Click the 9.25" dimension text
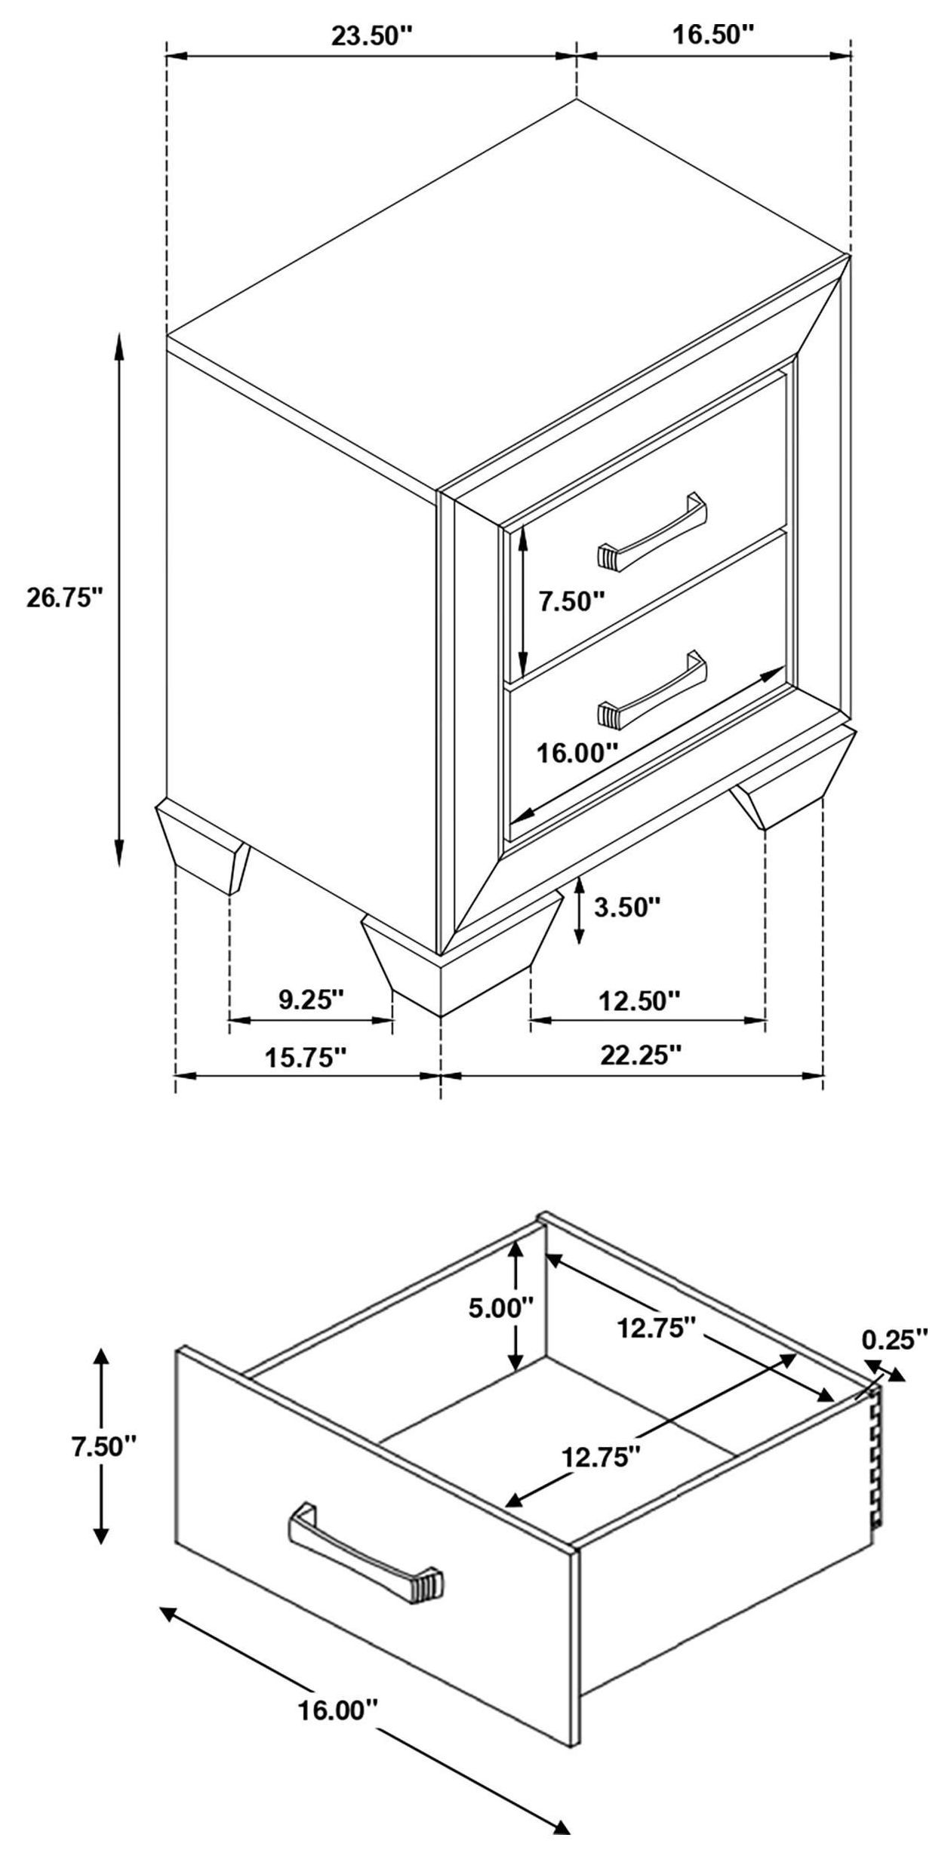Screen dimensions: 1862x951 (x=311, y=1000)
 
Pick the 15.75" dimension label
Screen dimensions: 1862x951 (x=305, y=1057)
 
